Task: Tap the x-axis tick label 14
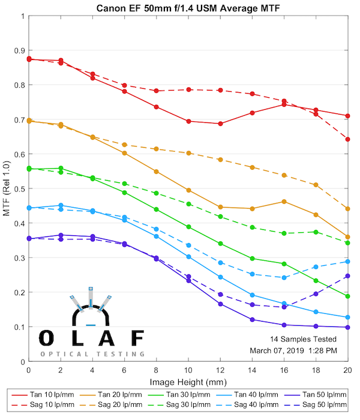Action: (252, 371)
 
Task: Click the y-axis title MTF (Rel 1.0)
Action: (7, 190)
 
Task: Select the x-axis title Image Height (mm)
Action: (188, 382)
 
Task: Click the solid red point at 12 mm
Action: (220, 124)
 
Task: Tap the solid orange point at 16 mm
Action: (284, 202)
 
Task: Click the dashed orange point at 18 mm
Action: (316, 185)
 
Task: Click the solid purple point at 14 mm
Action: (252, 319)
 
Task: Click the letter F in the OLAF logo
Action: (137, 338)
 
